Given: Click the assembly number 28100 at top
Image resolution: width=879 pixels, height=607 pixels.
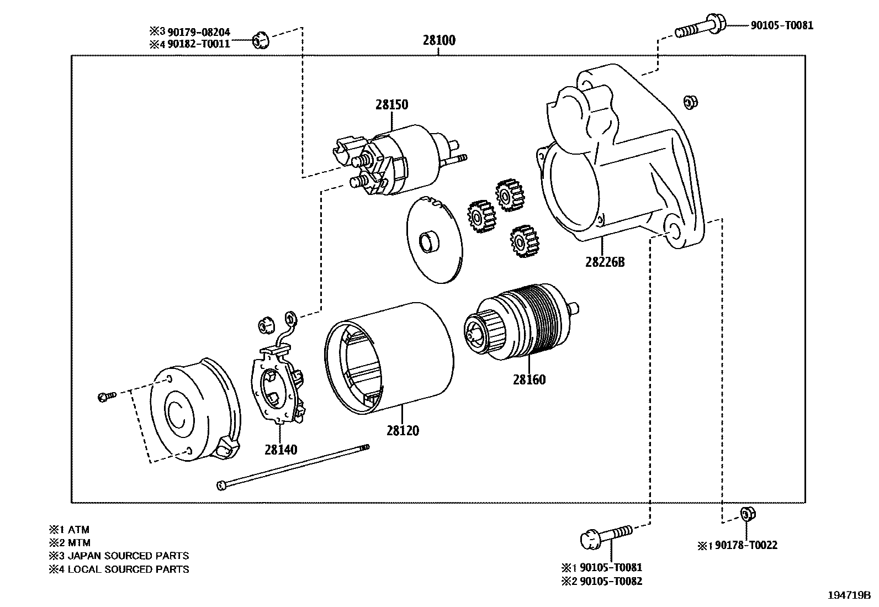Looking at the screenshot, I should (439, 40).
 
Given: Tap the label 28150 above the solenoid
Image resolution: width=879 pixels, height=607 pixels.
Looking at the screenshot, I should (391, 104).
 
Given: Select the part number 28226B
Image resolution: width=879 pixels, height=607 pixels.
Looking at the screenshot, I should (605, 262).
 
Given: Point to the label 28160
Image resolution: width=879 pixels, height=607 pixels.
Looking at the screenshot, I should (528, 379).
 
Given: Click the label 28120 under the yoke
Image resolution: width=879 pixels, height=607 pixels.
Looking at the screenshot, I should (402, 430).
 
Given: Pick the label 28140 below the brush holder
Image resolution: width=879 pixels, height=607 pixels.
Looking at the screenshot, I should (280, 450).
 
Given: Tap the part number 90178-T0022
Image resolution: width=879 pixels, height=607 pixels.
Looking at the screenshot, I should (745, 545).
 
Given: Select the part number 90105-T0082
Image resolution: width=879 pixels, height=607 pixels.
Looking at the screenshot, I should (610, 581).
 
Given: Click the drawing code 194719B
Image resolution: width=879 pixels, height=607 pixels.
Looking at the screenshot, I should (849, 595).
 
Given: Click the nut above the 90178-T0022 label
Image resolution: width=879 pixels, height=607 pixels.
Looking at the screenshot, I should (746, 514).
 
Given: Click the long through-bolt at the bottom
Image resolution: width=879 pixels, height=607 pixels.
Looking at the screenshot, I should (293, 467).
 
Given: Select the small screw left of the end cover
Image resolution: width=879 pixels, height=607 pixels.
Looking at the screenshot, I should (106, 396).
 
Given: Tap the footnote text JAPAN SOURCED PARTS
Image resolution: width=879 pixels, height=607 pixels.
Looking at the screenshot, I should (128, 556).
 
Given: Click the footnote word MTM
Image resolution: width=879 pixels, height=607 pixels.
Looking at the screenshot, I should (79, 542).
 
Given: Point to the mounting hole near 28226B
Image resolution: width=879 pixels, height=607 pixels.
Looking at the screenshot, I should (672, 231).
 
